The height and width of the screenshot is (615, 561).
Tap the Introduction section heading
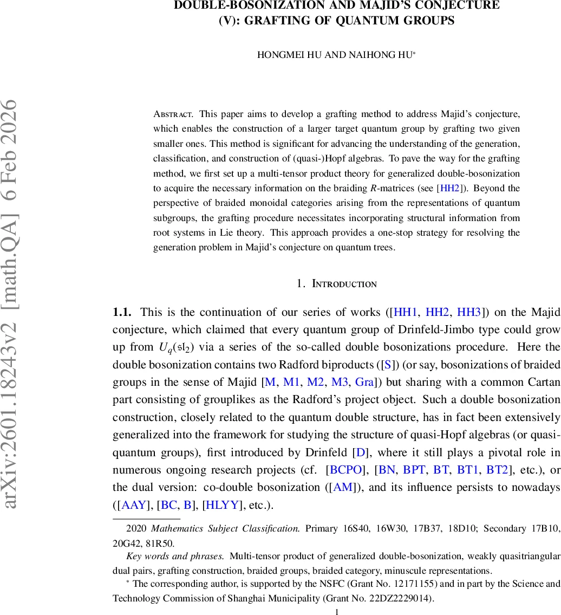pos(344,283)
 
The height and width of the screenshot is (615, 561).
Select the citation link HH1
pos(406,312)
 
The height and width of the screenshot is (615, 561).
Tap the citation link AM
pos(343,487)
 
